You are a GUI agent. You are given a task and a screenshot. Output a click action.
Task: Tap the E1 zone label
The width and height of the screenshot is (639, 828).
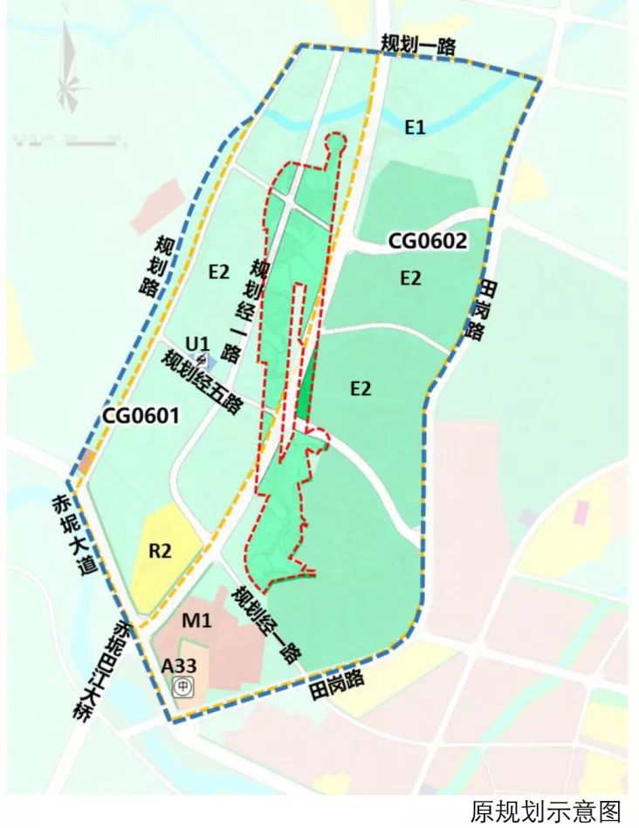pyautogui.click(x=415, y=127)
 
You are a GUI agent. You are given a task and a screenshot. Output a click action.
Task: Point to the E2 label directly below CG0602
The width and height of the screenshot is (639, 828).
pyautogui.click(x=410, y=278)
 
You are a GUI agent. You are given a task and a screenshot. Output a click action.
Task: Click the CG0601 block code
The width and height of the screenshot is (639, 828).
pyautogui.click(x=141, y=416)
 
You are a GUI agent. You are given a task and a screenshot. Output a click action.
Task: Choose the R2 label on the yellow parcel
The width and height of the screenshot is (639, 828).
pyautogui.click(x=160, y=551)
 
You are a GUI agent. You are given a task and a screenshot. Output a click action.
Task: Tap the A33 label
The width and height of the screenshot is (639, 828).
pyautogui.click(x=180, y=666)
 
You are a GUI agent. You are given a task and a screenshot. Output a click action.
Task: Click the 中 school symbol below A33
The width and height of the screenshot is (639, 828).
pyautogui.click(x=182, y=688)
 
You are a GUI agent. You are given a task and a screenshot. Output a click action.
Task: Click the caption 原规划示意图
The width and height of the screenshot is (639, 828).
pyautogui.click(x=546, y=811)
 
